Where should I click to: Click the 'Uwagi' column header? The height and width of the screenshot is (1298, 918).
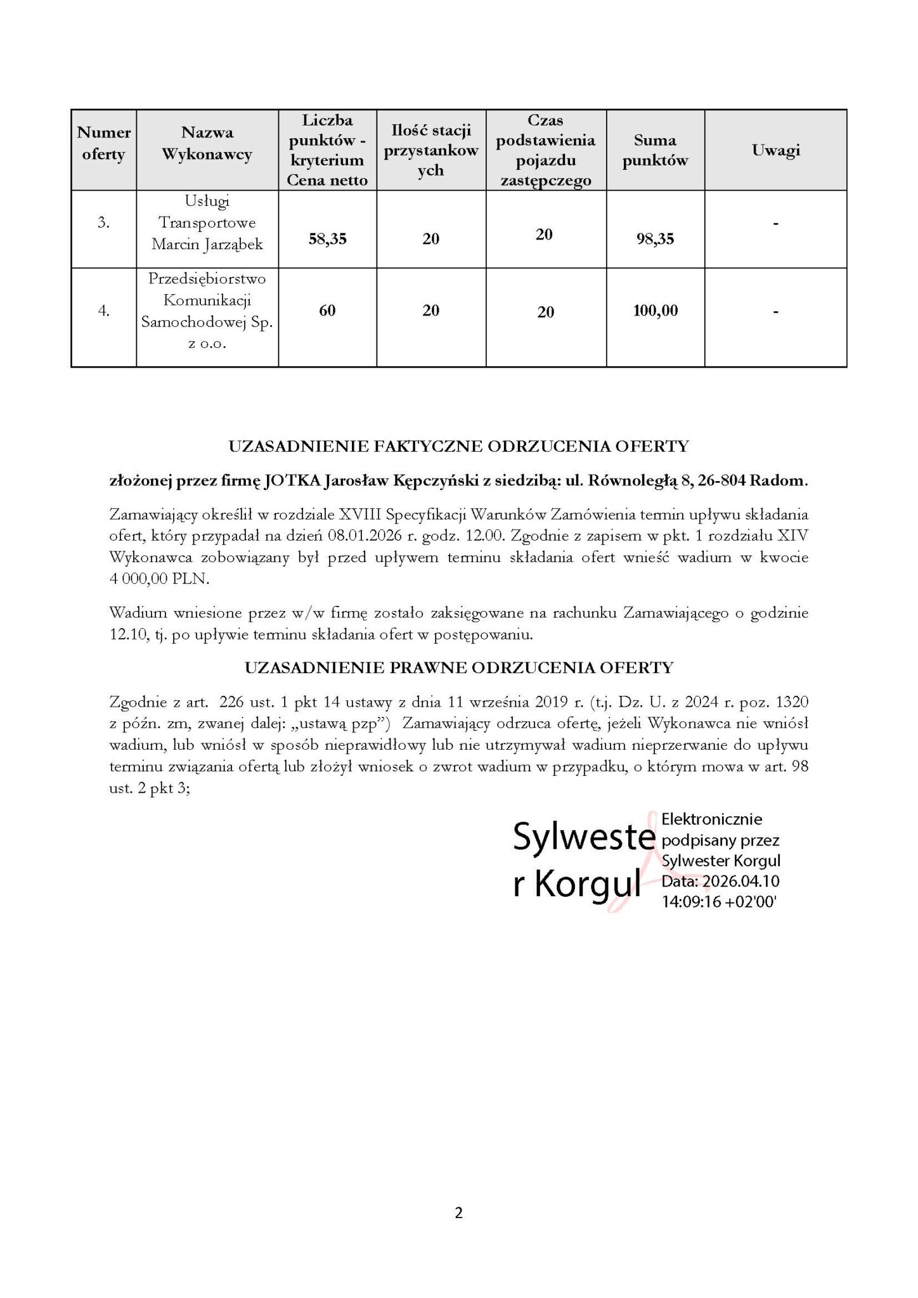pyautogui.click(x=775, y=150)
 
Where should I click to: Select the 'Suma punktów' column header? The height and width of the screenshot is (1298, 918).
pyautogui.click(x=655, y=150)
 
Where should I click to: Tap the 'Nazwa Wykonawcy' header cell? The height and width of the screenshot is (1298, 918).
pyautogui.click(x=207, y=143)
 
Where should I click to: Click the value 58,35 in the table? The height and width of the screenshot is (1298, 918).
pyautogui.click(x=327, y=239)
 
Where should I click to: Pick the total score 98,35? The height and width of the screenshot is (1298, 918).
pyautogui.click(x=655, y=239)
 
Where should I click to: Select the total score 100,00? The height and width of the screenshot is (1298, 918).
pyautogui.click(x=655, y=311)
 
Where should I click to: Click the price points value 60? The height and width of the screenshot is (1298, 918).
pyautogui.click(x=327, y=311)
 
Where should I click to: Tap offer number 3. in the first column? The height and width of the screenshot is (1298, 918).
pyautogui.click(x=103, y=222)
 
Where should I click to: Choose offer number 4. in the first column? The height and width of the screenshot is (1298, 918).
pyautogui.click(x=103, y=311)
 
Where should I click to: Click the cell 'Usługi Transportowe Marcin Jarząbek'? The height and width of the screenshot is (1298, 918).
pyautogui.click(x=207, y=222)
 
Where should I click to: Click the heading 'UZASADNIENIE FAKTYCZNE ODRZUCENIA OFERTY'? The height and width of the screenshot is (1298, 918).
pyautogui.click(x=458, y=446)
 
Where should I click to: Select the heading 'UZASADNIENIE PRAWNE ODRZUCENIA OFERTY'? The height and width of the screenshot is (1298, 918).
pyautogui.click(x=458, y=667)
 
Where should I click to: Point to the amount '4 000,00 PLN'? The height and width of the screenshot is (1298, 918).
pyautogui.click(x=159, y=579)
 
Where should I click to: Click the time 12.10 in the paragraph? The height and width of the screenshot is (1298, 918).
pyautogui.click(x=128, y=634)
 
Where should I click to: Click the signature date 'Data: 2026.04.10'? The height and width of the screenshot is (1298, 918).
pyautogui.click(x=720, y=881)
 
